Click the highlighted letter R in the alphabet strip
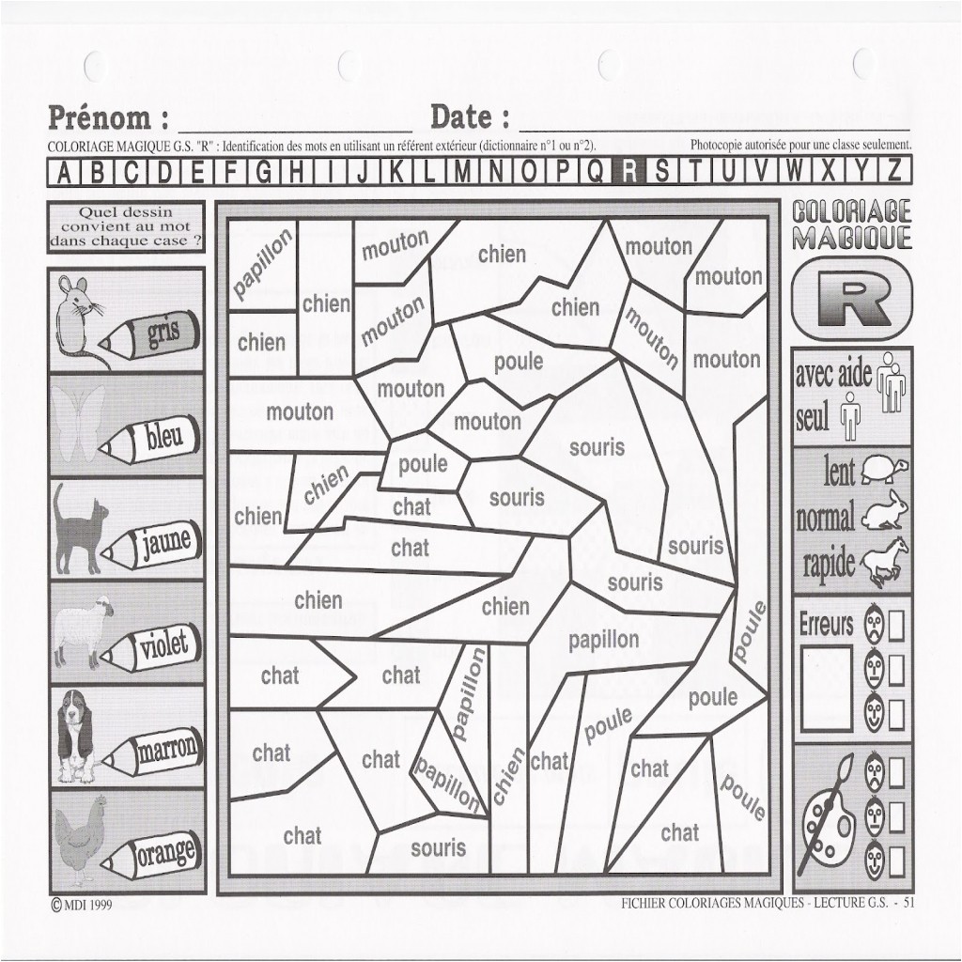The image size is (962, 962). click(628, 171)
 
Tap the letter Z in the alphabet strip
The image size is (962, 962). click(894, 171)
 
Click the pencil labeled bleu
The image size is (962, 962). click(151, 440)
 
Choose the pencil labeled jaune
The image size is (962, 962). click(151, 544)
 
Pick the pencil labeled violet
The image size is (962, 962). click(151, 646)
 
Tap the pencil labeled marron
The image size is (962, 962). click(151, 752)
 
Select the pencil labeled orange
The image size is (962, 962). click(151, 855)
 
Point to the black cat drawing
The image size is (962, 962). click(78, 529)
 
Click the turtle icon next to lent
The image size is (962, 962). click(884, 469)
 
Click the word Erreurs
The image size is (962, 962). click(826, 625)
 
